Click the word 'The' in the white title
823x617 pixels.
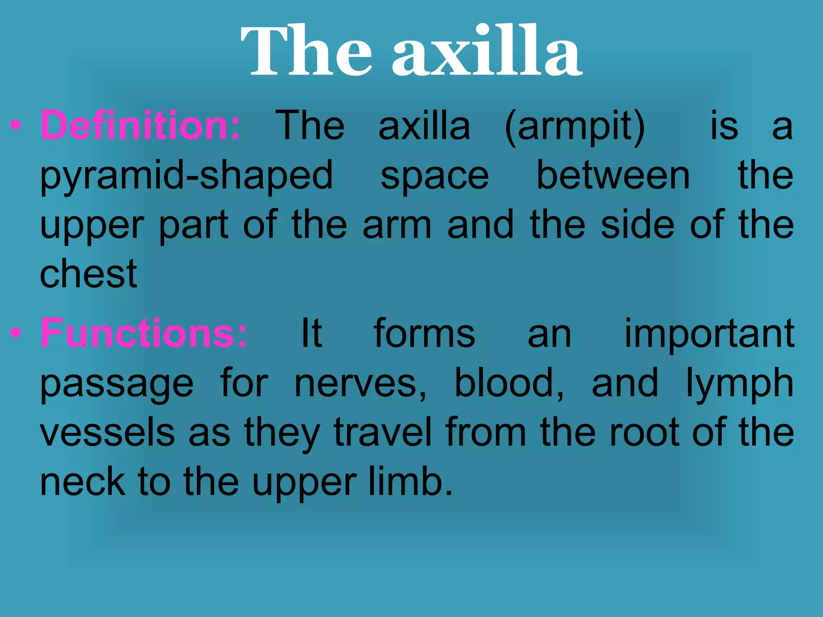pyautogui.click(x=306, y=51)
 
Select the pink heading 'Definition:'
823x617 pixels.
pyautogui.click(x=141, y=126)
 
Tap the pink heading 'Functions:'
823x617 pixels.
pyautogui.click(x=143, y=333)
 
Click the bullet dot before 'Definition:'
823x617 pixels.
pyautogui.click(x=15, y=126)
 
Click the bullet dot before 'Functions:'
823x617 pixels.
pyautogui.click(x=15, y=333)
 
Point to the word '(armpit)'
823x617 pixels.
pyautogui.click(x=575, y=127)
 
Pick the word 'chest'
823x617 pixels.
pyautogui.click(x=88, y=274)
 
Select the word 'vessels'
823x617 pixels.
pyautogui.click(x=107, y=433)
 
